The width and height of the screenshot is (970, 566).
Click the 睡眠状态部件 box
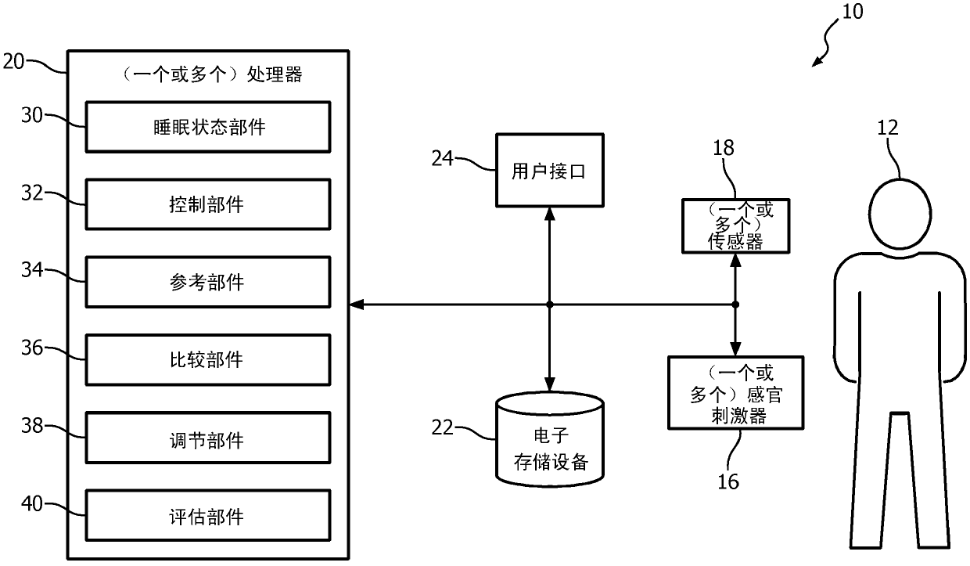207,126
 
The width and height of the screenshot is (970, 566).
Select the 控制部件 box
207,204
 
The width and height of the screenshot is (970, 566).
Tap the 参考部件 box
207,281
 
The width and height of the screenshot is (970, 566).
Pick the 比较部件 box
207,359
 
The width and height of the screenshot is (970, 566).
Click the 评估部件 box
207,516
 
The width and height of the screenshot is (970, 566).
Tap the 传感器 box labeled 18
734,225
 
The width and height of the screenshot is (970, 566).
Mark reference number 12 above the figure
888,128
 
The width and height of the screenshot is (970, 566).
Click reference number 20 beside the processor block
15,60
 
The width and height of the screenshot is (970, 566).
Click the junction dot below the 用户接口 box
550,304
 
